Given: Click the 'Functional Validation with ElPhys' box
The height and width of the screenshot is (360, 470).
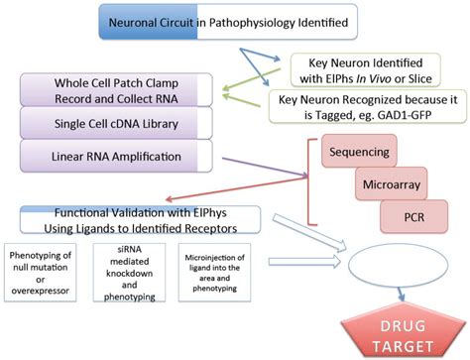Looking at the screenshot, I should [x=141, y=218].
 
